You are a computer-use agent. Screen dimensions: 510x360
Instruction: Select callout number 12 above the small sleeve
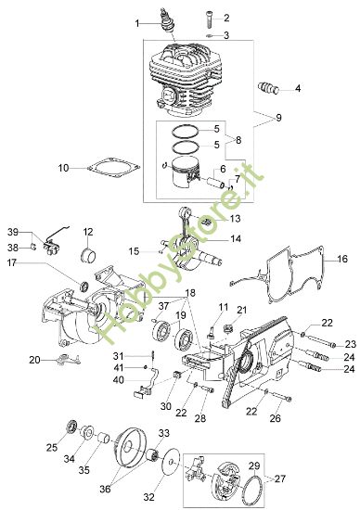[x=89, y=232]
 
